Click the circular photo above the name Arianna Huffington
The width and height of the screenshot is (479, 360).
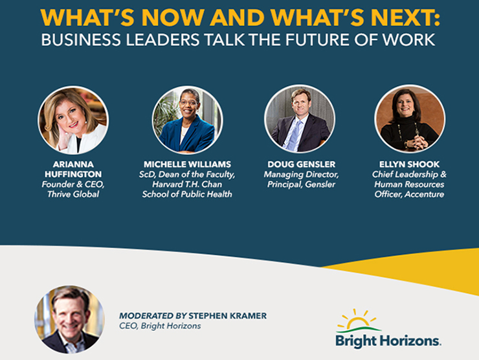pyautogui.click(x=73, y=120)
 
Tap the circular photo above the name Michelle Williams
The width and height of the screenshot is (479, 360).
pyautogui.click(x=187, y=120)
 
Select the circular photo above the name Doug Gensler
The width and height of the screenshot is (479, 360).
pyautogui.click(x=300, y=119)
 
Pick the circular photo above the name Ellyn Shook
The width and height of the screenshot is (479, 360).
pyautogui.click(x=410, y=119)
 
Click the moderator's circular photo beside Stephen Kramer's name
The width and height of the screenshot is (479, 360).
pyautogui.click(x=70, y=319)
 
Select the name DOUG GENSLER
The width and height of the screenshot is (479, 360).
pyautogui.click(x=302, y=164)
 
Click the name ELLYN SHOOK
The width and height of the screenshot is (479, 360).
pyautogui.click(x=409, y=164)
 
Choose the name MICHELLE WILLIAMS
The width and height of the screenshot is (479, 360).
pyautogui.click(x=187, y=164)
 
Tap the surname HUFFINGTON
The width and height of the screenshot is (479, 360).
pyautogui.click(x=73, y=174)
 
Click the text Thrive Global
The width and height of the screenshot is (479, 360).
pyautogui.click(x=73, y=194)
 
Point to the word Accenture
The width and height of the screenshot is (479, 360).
pyautogui.click(x=425, y=194)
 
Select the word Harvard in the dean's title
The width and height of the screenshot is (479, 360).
pyautogui.click(x=166, y=185)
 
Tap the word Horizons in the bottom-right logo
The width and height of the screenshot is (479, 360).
pyautogui.click(x=410, y=341)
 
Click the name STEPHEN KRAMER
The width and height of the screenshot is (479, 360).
pyautogui.click(x=227, y=316)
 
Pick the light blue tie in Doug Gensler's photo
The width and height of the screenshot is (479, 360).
pyautogui.click(x=295, y=135)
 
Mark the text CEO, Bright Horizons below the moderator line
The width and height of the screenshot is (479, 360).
pyautogui.click(x=160, y=326)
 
